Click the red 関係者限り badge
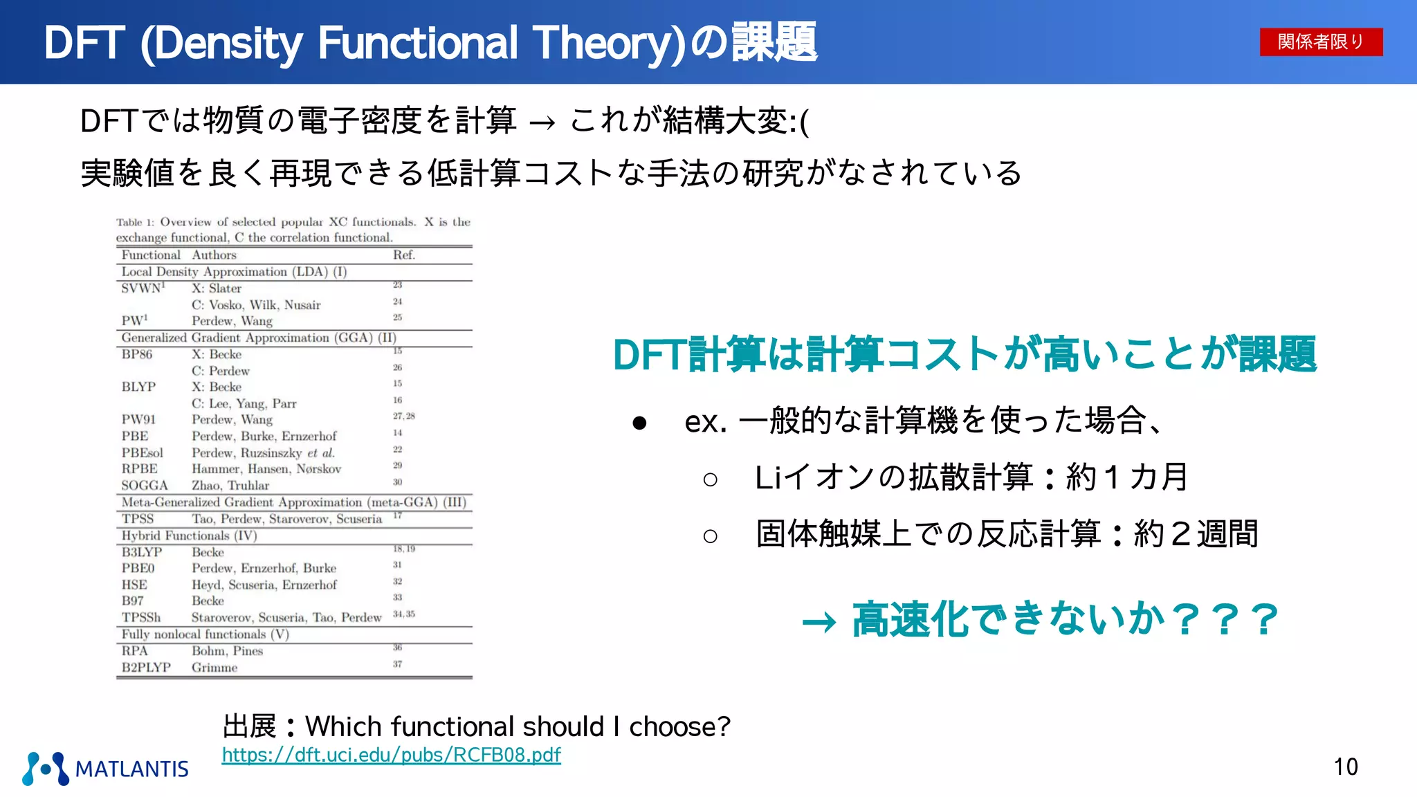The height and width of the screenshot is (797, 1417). [1320, 42]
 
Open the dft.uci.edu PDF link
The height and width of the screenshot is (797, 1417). [391, 755]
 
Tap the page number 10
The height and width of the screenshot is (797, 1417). [1346, 767]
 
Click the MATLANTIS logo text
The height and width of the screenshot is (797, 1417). [131, 769]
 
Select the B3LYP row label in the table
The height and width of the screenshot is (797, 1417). [142, 552]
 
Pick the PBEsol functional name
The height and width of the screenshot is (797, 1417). [143, 453]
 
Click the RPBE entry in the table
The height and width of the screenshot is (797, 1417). [140, 469]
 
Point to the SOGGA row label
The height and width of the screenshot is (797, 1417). [145, 486]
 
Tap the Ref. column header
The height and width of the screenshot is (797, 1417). [404, 255]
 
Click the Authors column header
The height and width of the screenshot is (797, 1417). [214, 255]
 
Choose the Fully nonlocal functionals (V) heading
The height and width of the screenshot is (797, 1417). [205, 634]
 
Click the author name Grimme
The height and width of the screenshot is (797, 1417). [214, 668]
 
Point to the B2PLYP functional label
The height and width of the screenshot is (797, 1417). [146, 668]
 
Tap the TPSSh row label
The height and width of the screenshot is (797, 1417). [141, 618]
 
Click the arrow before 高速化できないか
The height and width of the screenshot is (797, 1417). [819, 623]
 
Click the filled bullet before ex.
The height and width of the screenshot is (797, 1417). [639, 422]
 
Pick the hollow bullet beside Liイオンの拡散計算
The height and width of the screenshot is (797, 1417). [710, 479]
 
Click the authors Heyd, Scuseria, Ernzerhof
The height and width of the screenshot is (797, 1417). [264, 585]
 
